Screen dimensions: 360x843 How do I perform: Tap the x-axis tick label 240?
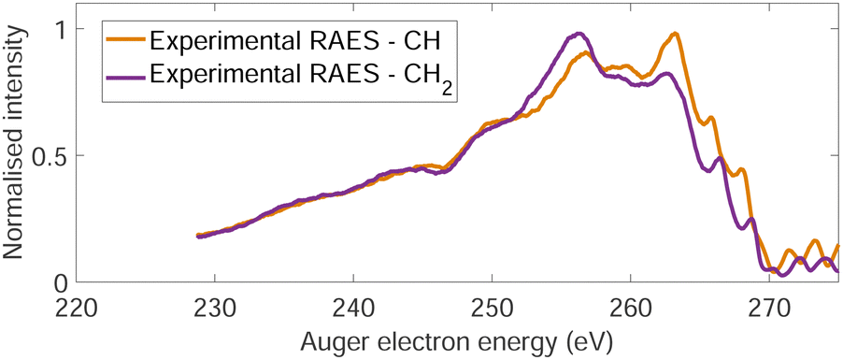coord(353,306)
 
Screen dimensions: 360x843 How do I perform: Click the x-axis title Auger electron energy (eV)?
coord(458,339)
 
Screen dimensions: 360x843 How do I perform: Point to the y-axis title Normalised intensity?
coord(16,155)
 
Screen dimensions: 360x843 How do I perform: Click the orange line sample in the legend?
coord(124,41)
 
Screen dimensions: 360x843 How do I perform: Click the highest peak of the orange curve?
coord(674,34)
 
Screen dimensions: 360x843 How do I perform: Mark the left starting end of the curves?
coord(198,236)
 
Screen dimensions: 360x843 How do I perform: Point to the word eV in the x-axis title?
coord(594,339)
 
